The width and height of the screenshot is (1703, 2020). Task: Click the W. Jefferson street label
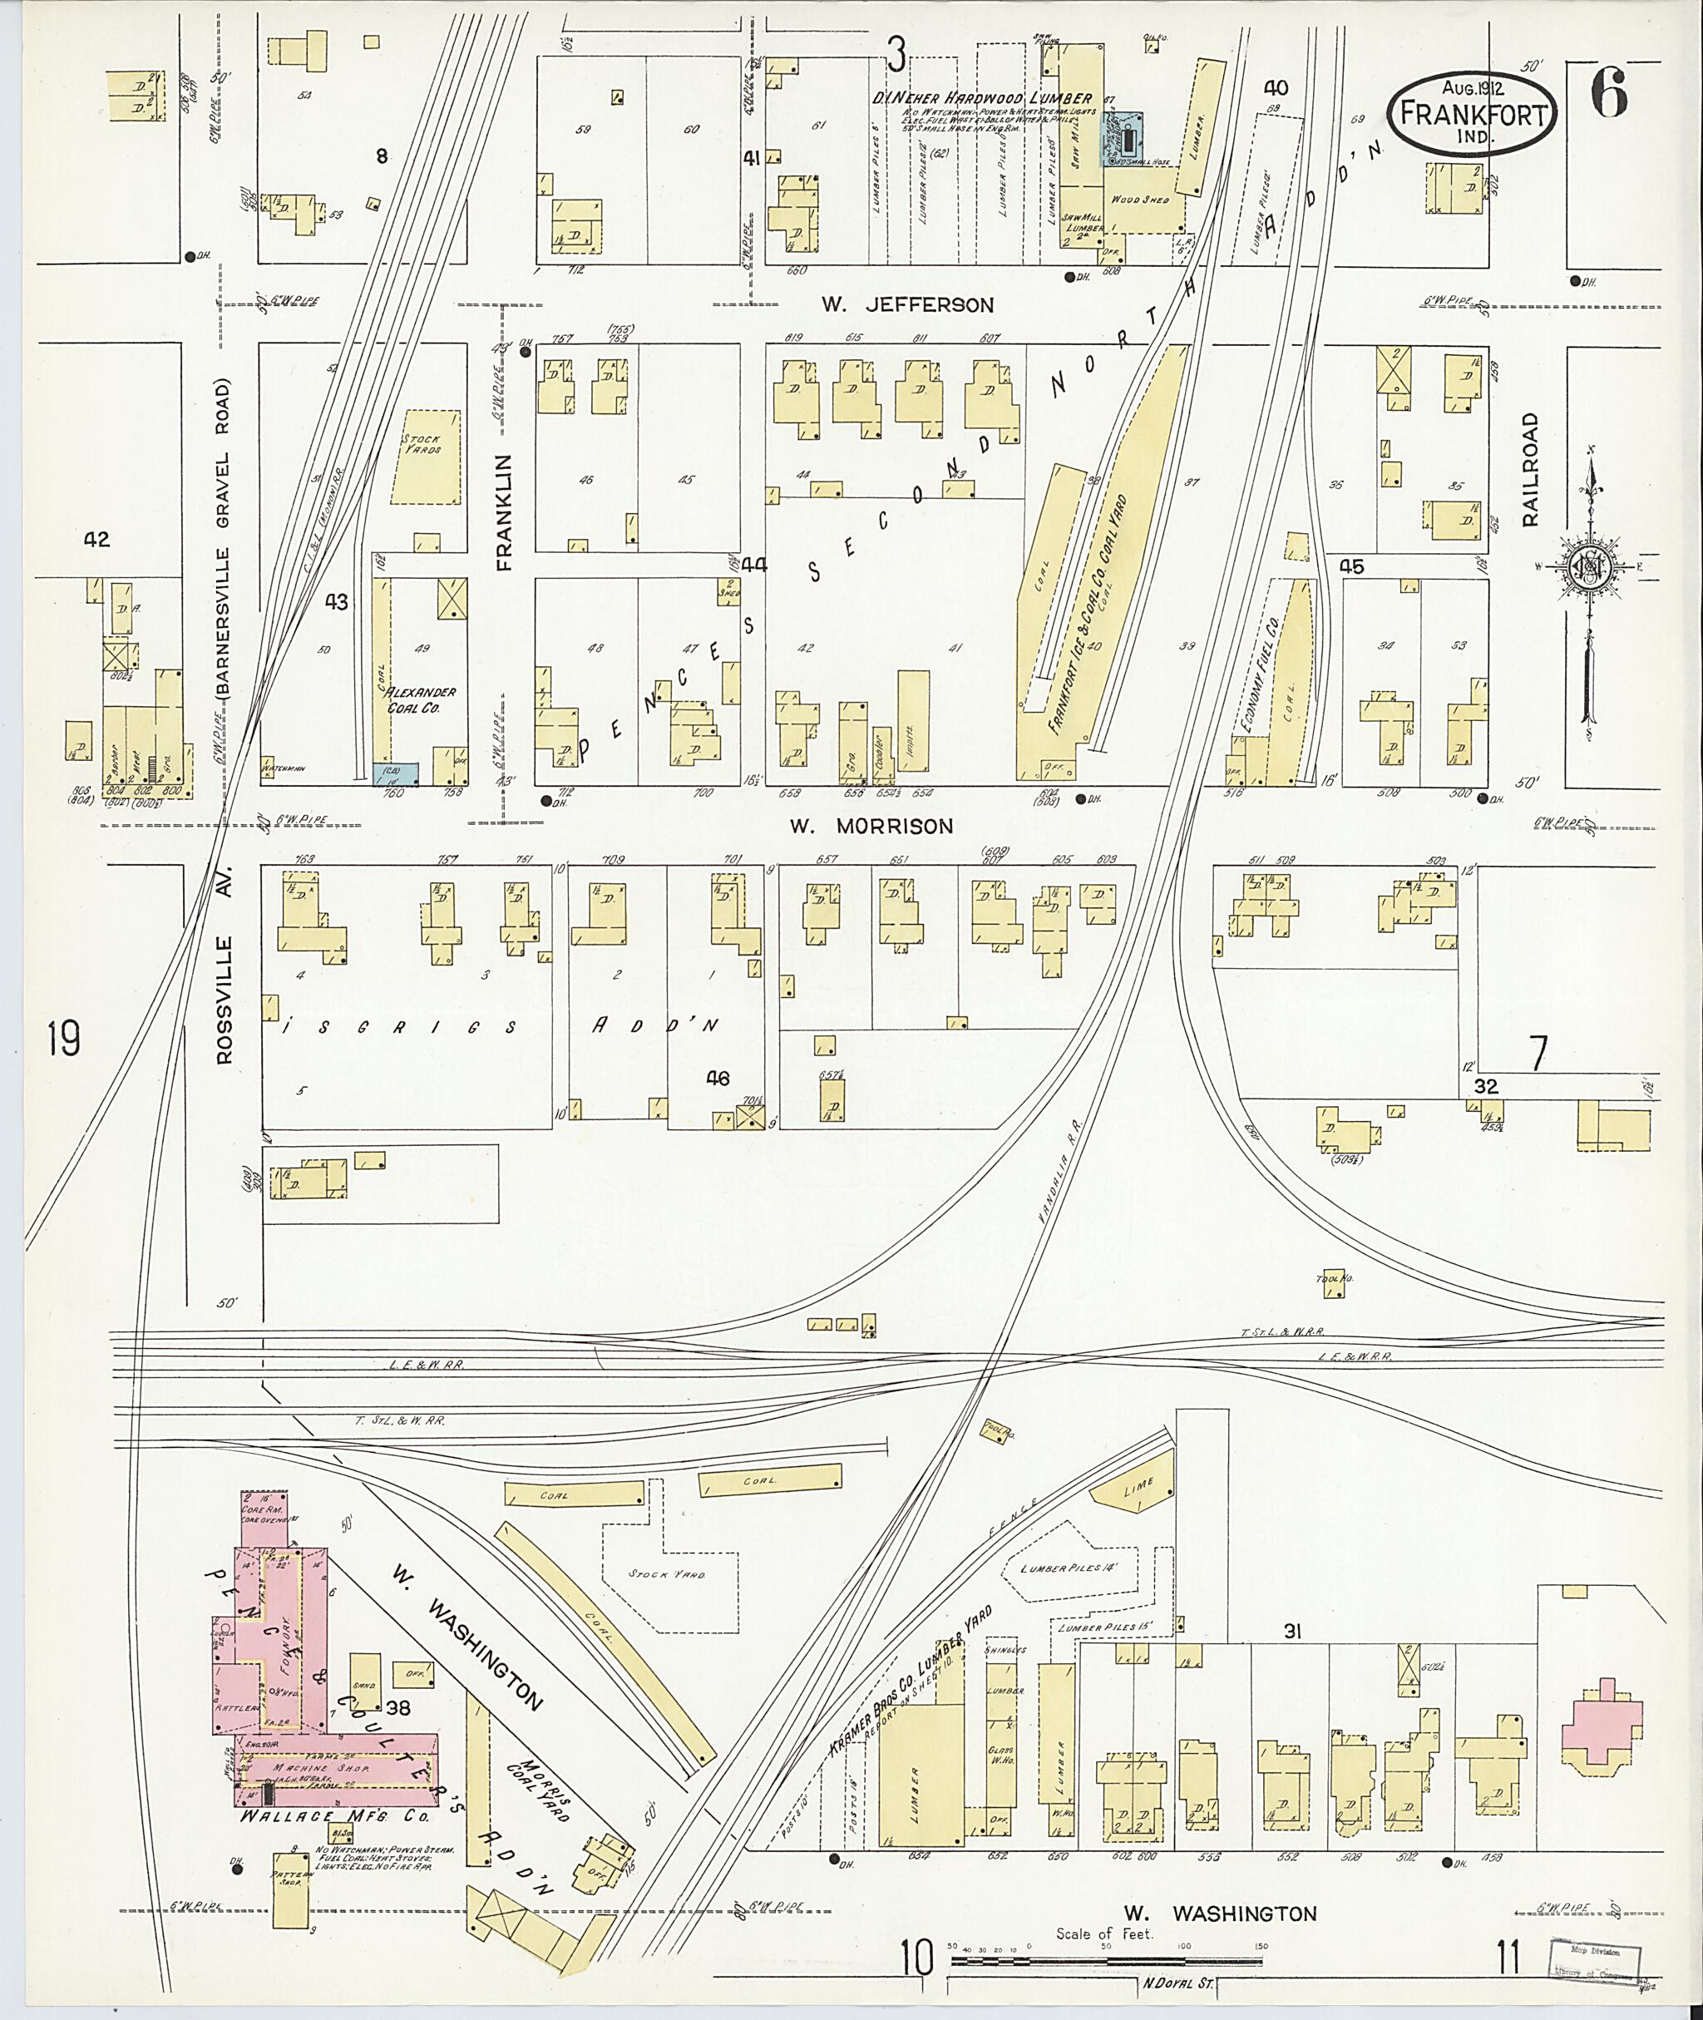pos(906,305)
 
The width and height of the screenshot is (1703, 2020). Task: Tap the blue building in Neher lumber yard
pos(1123,139)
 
